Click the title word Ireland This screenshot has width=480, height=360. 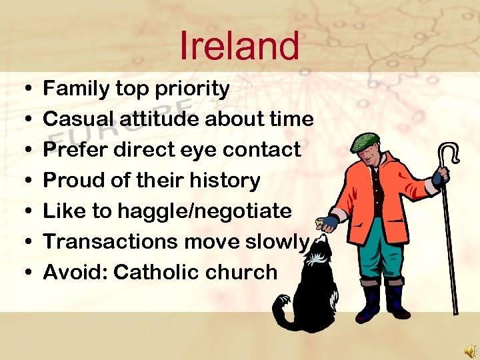[239, 45]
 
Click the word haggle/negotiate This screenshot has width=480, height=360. [205, 211]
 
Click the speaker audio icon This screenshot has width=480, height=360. [469, 350]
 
